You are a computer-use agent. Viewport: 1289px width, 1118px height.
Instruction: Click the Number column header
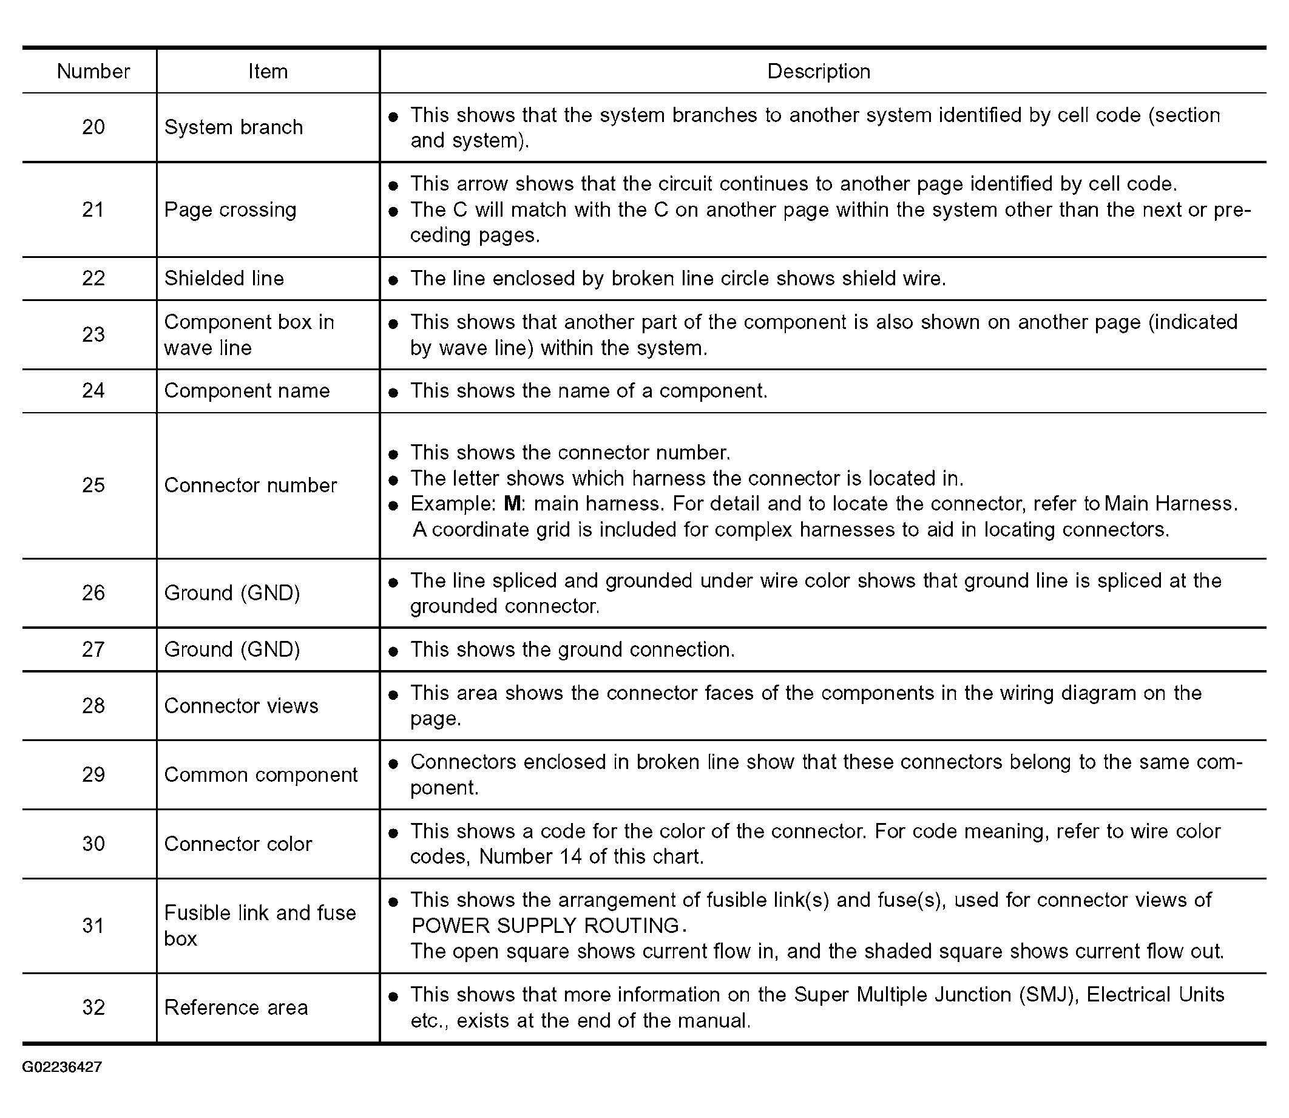coord(93,71)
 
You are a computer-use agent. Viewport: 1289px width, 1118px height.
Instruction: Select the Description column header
coord(818,71)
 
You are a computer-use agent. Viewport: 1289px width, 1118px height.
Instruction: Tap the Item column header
coord(268,71)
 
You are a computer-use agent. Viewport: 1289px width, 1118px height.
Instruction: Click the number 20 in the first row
coord(93,127)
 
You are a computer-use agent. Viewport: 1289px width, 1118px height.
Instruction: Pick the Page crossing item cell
coord(230,209)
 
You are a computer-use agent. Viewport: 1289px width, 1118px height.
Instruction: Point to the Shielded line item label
coord(224,278)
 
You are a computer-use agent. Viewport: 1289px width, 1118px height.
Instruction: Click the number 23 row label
coord(93,334)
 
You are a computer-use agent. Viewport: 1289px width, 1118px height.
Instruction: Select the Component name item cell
coord(246,390)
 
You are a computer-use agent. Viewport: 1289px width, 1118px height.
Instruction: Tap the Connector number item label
coord(250,486)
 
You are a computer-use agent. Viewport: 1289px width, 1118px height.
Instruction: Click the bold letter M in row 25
coord(512,504)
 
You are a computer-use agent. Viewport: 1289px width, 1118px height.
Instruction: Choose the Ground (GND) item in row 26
coord(232,593)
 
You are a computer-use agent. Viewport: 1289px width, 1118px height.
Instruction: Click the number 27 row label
coord(93,649)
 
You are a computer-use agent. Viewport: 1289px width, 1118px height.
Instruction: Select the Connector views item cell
coord(241,706)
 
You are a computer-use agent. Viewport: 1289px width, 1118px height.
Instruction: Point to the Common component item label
coord(261,775)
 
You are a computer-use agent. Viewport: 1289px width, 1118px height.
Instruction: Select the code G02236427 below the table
coord(62,1067)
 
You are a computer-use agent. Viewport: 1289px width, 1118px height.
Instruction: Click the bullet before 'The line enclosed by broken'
coord(393,280)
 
